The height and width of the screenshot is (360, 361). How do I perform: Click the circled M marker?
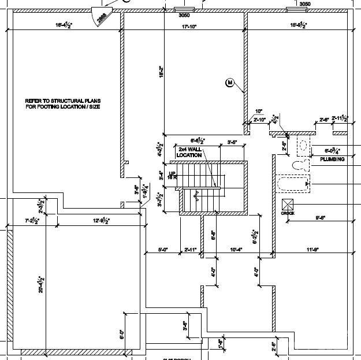(x=229, y=83)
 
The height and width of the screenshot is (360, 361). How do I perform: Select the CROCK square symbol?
(x=288, y=205)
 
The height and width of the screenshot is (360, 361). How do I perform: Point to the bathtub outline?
(x=291, y=184)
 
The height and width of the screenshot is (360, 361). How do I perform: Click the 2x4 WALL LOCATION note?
(x=190, y=153)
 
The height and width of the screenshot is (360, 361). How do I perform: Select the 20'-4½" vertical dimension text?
(x=41, y=283)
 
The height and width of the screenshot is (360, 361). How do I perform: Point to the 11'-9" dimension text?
(x=312, y=250)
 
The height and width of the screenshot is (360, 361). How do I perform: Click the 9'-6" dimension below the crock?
(x=321, y=218)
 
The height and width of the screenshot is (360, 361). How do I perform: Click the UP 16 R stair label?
(x=172, y=176)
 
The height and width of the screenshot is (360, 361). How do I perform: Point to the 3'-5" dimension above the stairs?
(x=233, y=141)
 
